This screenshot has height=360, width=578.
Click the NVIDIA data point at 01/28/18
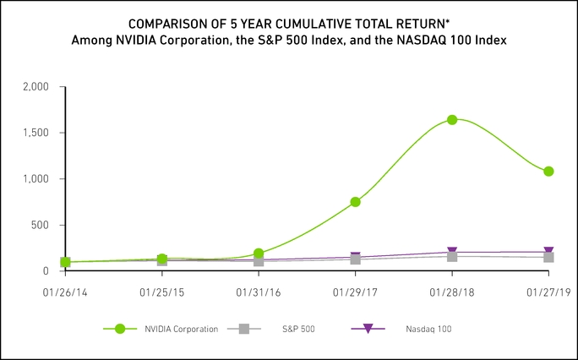[x=452, y=120]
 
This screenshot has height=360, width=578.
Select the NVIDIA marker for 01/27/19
[x=548, y=171]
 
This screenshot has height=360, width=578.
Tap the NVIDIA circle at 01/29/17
[x=356, y=202]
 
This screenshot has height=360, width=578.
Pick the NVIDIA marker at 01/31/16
[x=259, y=254]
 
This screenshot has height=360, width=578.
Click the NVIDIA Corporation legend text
[x=183, y=329]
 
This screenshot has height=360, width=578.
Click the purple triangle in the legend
[x=368, y=329]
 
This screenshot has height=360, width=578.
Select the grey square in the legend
[x=245, y=329]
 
